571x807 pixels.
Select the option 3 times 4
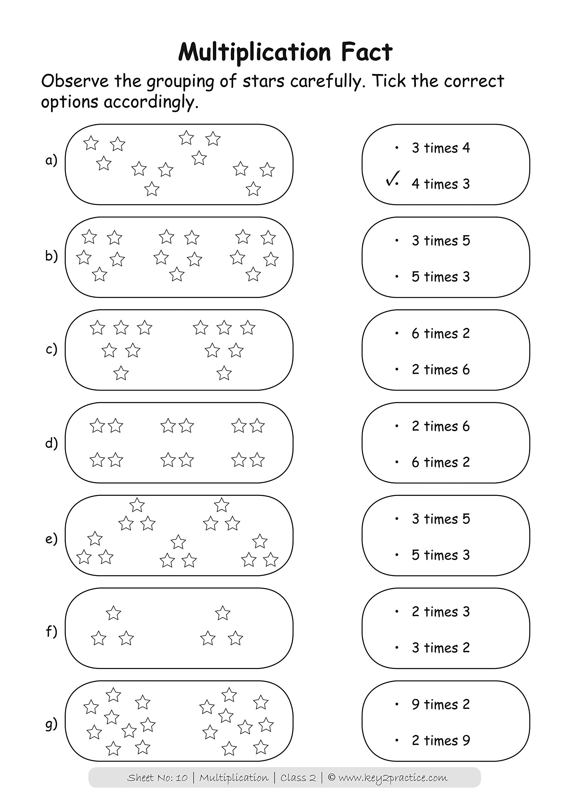[x=440, y=148]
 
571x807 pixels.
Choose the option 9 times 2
[x=440, y=704]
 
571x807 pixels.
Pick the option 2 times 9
[x=440, y=740]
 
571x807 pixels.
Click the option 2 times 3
[x=440, y=612]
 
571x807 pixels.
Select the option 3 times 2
[x=440, y=647]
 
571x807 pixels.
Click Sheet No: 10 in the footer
[x=157, y=778]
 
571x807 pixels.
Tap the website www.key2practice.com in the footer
[x=393, y=778]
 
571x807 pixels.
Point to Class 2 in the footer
[x=298, y=778]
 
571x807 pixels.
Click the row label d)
[x=51, y=443]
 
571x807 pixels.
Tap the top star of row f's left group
[x=113, y=613]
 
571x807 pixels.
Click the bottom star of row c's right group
[x=224, y=373]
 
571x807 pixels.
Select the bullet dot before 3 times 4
[x=397, y=148]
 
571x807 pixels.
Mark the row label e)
[x=51, y=538]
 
